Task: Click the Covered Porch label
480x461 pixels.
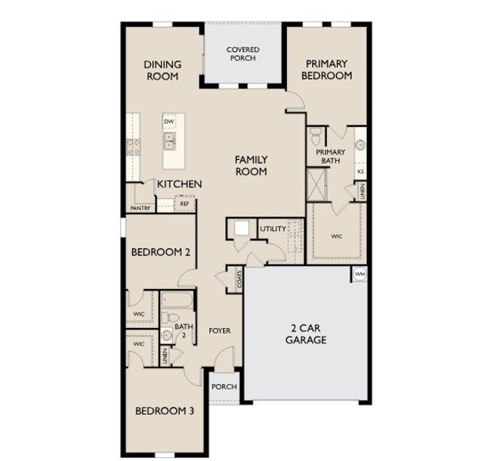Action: (x=242, y=55)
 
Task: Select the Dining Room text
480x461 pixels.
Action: (x=162, y=71)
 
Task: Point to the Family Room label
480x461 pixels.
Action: (x=252, y=165)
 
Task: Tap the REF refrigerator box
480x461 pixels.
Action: (x=185, y=204)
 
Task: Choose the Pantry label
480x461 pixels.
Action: (x=140, y=208)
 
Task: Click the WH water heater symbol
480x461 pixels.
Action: (x=359, y=274)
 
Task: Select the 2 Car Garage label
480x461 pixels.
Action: (x=305, y=334)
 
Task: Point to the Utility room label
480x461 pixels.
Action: (x=273, y=229)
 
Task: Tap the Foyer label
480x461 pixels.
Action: (x=220, y=331)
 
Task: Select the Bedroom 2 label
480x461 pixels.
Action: (x=161, y=252)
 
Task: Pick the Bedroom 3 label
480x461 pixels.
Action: (x=165, y=411)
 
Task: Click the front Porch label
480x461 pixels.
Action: (x=224, y=386)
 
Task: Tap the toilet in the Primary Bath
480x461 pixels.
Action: (x=315, y=137)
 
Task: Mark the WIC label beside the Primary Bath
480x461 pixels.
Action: (x=337, y=237)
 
